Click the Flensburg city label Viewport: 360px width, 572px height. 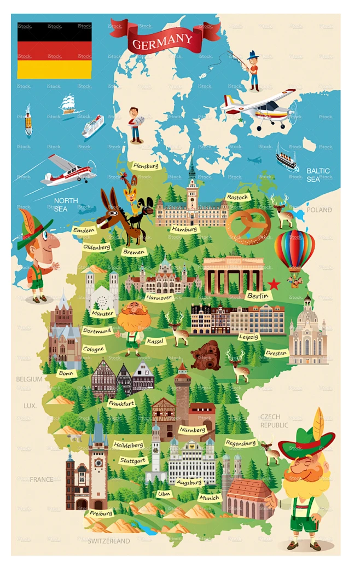coord(146,165)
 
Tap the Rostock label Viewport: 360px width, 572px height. coord(237,197)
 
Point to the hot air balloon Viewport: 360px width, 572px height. coord(294,252)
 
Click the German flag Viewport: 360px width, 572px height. coord(54,50)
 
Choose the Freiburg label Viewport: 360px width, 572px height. coord(101,513)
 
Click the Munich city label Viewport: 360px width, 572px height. coord(209,498)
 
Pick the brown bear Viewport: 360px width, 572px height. coord(206,355)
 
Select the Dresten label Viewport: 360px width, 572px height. coord(276,353)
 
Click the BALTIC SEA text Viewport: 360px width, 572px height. coord(318,175)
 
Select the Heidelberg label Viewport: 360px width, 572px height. coord(127,444)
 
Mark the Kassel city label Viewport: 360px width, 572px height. coord(155,340)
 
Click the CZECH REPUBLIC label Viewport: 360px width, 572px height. coord(274,421)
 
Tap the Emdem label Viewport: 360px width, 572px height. coord(84,230)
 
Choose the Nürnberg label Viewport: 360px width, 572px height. coord(192,430)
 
